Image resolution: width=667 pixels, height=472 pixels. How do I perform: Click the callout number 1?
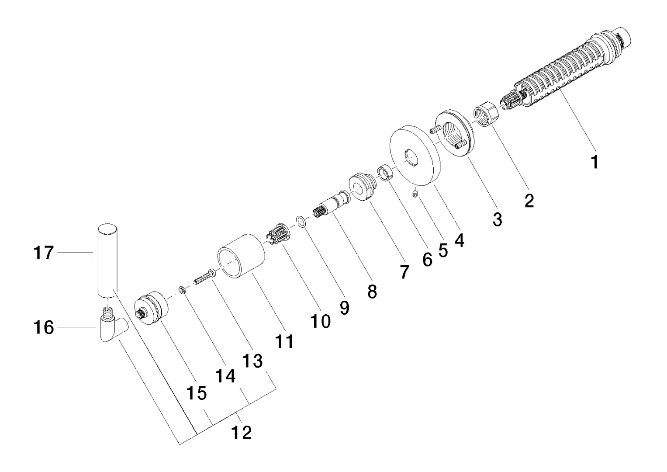pyautogui.click(x=594, y=163)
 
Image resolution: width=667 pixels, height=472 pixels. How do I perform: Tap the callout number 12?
pyautogui.click(x=242, y=433)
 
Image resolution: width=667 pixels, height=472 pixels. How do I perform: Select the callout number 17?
pyautogui.click(x=44, y=253)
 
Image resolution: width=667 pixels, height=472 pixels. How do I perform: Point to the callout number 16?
pyautogui.click(x=44, y=327)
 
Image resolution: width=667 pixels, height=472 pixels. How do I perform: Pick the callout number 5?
pyautogui.click(x=443, y=250)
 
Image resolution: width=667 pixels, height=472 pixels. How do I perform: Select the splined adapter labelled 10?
pyautogui.click(x=276, y=236)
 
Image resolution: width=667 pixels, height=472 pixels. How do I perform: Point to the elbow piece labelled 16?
pyautogui.click(x=111, y=328)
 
